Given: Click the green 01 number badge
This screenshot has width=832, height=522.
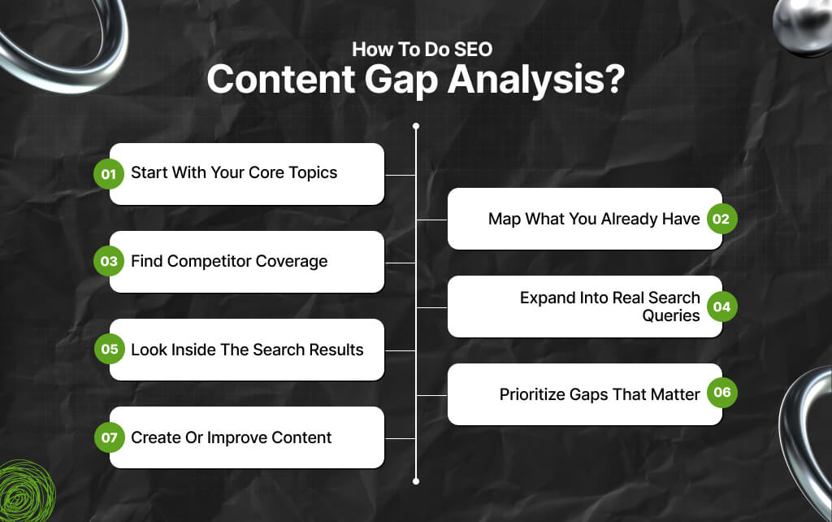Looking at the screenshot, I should [x=108, y=173].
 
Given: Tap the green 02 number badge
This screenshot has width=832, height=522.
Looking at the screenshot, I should [x=721, y=219].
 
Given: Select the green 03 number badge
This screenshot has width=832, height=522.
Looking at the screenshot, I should [x=108, y=261].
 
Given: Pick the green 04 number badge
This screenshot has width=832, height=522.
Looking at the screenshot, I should [x=721, y=307].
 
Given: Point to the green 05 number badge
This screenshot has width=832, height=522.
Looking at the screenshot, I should [x=108, y=350].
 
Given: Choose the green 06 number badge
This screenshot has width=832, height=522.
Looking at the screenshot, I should [x=721, y=394].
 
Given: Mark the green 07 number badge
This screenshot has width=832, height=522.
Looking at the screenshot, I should [x=108, y=437].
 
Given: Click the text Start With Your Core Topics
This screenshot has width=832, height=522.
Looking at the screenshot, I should [x=233, y=173].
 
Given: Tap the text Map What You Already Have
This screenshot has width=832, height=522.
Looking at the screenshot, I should [x=593, y=219].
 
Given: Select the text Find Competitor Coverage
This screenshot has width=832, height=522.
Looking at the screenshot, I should [x=229, y=261].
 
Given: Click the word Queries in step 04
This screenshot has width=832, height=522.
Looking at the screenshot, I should [x=670, y=315].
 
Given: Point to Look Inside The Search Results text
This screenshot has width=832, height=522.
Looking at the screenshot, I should [x=247, y=350].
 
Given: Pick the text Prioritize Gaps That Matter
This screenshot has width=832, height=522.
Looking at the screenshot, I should [x=599, y=394].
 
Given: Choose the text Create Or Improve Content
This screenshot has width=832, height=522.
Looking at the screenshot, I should [x=231, y=437].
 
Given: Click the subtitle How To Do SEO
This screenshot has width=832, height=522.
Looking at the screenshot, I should [x=422, y=49].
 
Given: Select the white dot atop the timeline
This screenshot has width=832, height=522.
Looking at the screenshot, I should [x=416, y=126].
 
